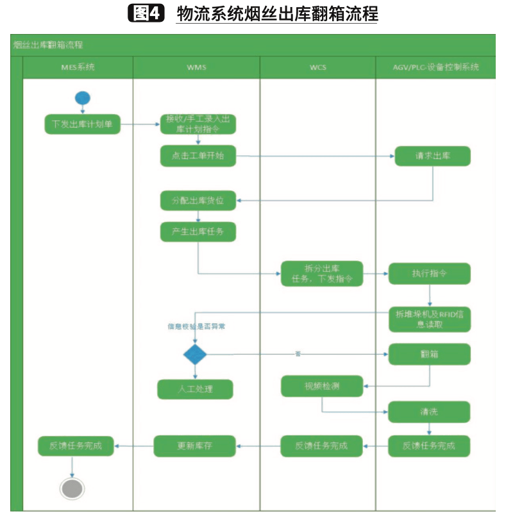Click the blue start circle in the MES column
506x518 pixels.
pyautogui.click(x=82, y=97)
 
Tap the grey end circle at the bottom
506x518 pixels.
pyautogui.click(x=72, y=488)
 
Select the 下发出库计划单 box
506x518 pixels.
pyautogui.click(x=82, y=124)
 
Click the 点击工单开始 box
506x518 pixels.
pyautogui.click(x=198, y=156)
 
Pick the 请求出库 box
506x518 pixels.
pyautogui.click(x=432, y=156)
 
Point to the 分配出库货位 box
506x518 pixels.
pyautogui.click(x=198, y=201)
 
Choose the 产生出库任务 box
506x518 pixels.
pyautogui.click(x=198, y=231)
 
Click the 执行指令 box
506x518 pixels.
pyautogui.click(x=429, y=273)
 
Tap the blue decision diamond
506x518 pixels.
pyautogui.click(x=195, y=354)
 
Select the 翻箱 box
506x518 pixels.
pyautogui.click(x=429, y=354)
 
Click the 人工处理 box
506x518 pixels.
pyautogui.click(x=195, y=389)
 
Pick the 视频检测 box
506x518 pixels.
pyautogui.click(x=322, y=386)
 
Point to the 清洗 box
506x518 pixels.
pyautogui.click(x=429, y=412)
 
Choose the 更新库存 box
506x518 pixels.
pyautogui.click(x=195, y=446)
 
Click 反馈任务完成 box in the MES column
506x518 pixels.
pyautogui.click(x=76, y=446)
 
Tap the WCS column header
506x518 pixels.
pyautogui.click(x=317, y=67)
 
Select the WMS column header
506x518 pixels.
pyautogui.click(x=196, y=67)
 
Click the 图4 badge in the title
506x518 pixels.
pyautogui.click(x=147, y=13)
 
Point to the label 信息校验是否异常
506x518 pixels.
pyautogui.click(x=196, y=326)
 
